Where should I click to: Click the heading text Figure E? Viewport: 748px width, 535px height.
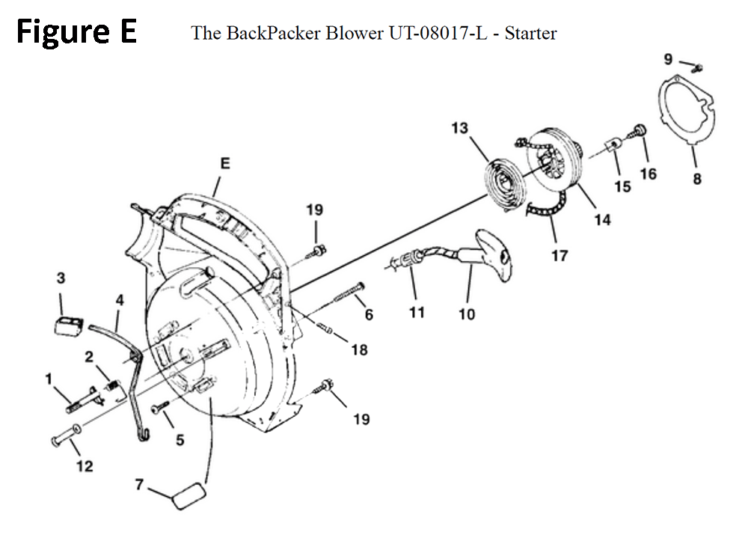[x=76, y=31]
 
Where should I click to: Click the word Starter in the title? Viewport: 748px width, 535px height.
[x=530, y=34]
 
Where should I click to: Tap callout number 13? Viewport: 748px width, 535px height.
[x=460, y=128]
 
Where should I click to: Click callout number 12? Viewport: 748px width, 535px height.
[x=85, y=466]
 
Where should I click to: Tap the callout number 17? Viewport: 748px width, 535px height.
[x=560, y=256]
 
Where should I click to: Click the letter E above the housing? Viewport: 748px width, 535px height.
[x=225, y=163]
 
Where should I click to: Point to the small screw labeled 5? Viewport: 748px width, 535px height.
[x=160, y=408]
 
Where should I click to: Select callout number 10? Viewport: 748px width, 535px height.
[x=467, y=314]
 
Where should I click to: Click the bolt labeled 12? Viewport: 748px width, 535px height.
[x=66, y=435]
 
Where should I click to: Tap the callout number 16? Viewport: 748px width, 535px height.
[x=649, y=174]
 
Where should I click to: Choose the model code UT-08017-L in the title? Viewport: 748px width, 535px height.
[x=438, y=34]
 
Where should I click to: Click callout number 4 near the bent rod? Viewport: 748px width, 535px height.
[x=120, y=300]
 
